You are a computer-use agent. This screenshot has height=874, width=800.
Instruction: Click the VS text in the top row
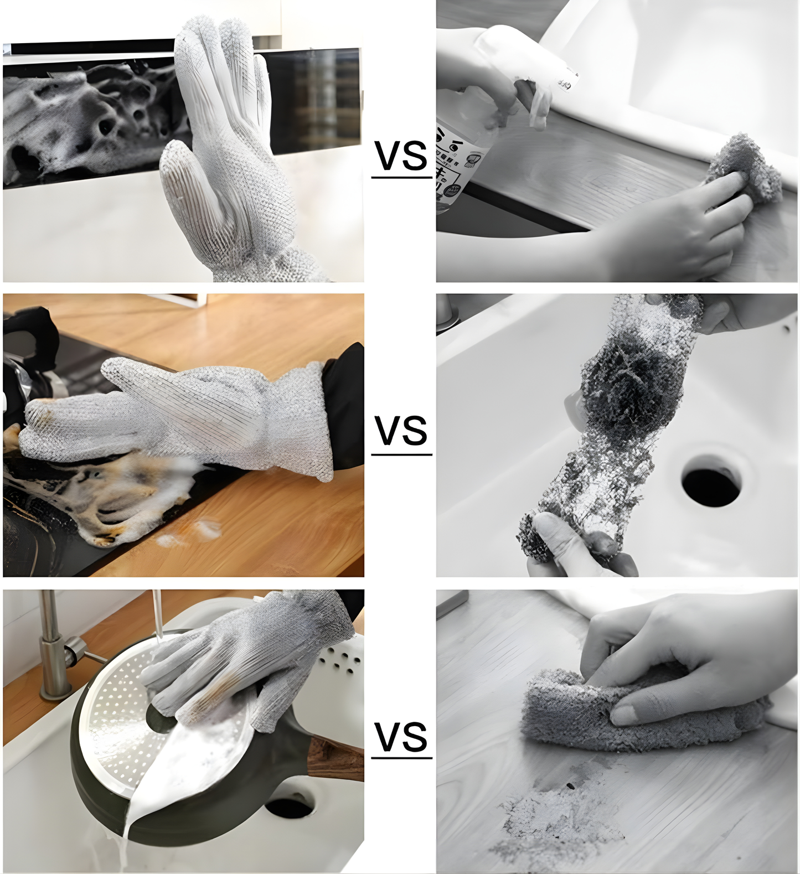point(401,156)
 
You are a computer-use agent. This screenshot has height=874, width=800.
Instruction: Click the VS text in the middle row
point(401,431)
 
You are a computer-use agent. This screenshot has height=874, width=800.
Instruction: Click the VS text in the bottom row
point(401,737)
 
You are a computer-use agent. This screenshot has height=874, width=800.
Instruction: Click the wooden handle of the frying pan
point(335,756)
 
